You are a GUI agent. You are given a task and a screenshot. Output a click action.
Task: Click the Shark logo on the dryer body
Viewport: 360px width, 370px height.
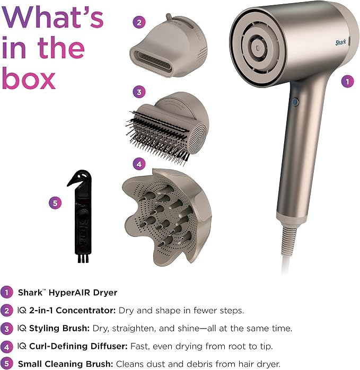point(340,42)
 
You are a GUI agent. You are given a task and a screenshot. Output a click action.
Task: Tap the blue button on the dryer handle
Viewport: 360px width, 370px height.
point(295,102)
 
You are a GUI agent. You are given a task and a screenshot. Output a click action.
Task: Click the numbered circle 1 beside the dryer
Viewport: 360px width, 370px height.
point(347,82)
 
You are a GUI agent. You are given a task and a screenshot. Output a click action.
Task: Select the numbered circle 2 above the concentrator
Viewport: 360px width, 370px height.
point(139,22)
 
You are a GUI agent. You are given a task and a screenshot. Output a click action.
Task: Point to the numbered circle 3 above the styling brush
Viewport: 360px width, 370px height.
point(139,92)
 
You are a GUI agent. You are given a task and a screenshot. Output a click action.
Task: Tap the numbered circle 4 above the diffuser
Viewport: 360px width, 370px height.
point(139,164)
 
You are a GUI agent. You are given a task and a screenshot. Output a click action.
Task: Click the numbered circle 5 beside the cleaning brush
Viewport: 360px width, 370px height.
point(55,203)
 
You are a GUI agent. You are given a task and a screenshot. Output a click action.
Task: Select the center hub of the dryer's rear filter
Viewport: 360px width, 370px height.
point(258,48)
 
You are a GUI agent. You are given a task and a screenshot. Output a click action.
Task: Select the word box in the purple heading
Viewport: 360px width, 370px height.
point(29,79)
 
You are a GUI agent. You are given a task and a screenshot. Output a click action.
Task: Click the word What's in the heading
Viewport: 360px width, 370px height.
point(52,17)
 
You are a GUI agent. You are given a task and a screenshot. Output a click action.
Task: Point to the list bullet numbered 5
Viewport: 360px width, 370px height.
point(6,364)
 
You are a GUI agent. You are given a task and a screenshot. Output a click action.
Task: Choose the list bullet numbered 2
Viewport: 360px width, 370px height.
point(6,310)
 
